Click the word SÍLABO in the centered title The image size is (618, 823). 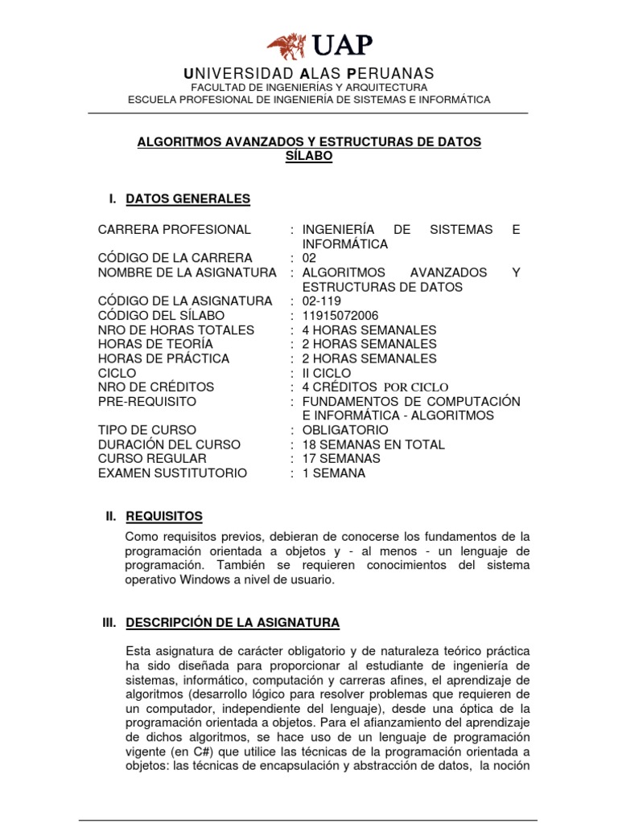pyautogui.click(x=309, y=156)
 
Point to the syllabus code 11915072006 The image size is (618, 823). pyautogui.click(x=340, y=316)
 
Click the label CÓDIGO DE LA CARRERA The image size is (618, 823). pyautogui.click(x=175, y=258)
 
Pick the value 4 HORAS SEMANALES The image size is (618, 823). pyautogui.click(x=369, y=330)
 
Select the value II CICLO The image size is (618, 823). pyautogui.click(x=326, y=374)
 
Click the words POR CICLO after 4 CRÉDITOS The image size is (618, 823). pyautogui.click(x=415, y=387)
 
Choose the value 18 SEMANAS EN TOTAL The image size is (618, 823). pyautogui.click(x=373, y=444)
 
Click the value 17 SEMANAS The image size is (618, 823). pyautogui.click(x=341, y=459)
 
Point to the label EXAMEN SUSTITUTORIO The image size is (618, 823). pyautogui.click(x=172, y=473)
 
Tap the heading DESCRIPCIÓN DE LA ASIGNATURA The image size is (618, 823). pyautogui.click(x=233, y=622)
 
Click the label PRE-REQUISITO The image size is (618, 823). pyautogui.click(x=146, y=401)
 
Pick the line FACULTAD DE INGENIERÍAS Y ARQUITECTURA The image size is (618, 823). pyautogui.click(x=309, y=87)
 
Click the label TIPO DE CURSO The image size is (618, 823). pyautogui.click(x=146, y=430)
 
